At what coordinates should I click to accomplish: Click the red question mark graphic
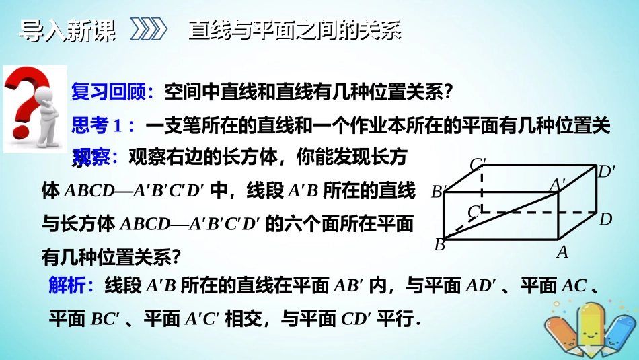pyautogui.click(x=26, y=101)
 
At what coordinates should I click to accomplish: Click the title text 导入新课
pyautogui.click(x=66, y=30)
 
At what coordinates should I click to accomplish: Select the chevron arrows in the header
pyautogui.click(x=147, y=30)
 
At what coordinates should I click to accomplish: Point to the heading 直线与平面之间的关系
pyautogui.click(x=295, y=30)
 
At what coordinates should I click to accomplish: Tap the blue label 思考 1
pyautogui.click(x=104, y=124)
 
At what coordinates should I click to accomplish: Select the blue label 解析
pyautogui.click(x=71, y=286)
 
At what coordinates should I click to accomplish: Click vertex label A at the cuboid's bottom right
pyautogui.click(x=562, y=252)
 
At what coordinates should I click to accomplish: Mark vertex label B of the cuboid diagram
pyautogui.click(x=440, y=245)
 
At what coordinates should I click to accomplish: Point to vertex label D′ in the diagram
pyautogui.click(x=607, y=172)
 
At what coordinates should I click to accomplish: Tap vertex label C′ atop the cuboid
pyautogui.click(x=478, y=164)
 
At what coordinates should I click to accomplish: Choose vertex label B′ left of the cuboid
pyautogui.click(x=439, y=192)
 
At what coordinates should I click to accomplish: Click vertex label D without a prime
pyautogui.click(x=605, y=219)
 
